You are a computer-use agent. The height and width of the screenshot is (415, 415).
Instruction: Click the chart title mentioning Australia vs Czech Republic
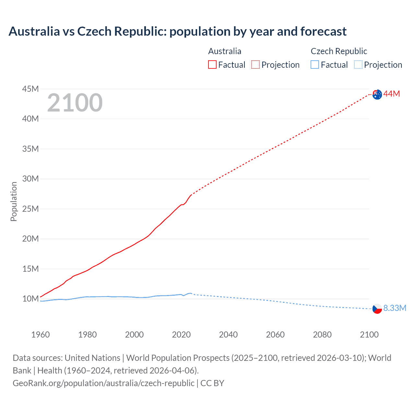177,31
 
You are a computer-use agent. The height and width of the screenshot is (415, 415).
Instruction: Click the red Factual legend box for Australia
212,65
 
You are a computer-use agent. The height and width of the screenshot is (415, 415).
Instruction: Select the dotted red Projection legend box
255,65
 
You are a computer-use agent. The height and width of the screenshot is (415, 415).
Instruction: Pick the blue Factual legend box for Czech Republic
315,65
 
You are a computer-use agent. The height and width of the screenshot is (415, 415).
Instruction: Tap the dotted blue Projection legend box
358,65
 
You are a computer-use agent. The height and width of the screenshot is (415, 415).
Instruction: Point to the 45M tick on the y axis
30,89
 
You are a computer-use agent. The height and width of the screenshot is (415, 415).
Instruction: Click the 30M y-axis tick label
30,179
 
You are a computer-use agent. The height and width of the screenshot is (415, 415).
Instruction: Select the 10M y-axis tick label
30,299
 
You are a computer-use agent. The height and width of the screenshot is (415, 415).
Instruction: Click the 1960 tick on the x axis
41,335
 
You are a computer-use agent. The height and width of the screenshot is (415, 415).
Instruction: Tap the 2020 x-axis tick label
181,335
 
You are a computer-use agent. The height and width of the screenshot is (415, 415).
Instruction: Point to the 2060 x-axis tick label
275,335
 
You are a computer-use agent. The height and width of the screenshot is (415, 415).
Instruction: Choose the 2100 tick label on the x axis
369,335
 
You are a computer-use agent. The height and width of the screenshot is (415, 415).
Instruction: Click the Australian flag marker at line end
377,95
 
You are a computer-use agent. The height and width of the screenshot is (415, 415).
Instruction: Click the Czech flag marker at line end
377,309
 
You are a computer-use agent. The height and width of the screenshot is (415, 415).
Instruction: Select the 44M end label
392,94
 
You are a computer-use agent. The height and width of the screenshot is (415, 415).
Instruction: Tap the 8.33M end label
395,308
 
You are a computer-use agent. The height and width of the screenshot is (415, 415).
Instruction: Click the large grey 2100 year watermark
75,103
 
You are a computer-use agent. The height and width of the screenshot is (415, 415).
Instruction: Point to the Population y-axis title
14,201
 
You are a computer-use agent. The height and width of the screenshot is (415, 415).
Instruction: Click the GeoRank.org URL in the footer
103,383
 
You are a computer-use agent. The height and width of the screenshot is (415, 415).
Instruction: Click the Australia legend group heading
225,51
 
